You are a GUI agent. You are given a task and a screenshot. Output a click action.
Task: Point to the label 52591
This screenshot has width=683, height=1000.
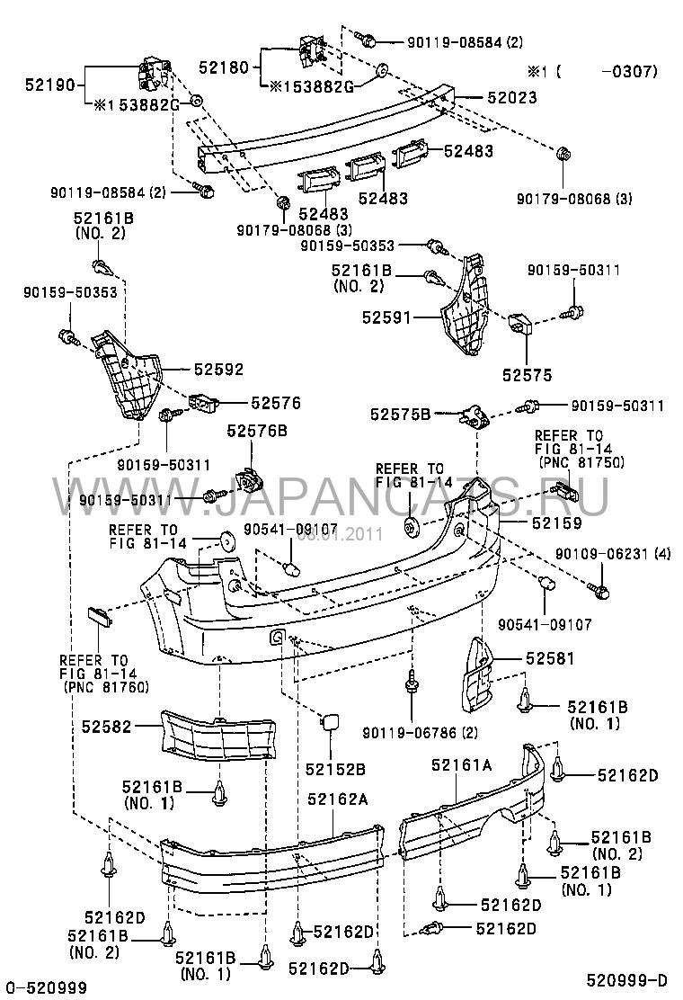click(x=390, y=317)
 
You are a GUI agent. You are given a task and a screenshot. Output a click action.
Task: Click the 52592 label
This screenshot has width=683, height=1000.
click(x=215, y=370)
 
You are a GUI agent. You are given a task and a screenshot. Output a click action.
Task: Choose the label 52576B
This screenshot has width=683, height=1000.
click(x=257, y=431)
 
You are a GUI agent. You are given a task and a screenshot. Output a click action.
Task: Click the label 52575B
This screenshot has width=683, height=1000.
click(x=401, y=414)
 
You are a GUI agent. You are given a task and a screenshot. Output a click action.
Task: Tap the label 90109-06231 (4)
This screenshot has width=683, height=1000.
click(x=612, y=553)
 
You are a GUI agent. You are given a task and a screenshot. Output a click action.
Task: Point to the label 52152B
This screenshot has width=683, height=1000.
click(x=335, y=768)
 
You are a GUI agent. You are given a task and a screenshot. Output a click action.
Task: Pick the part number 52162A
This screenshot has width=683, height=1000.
click(x=338, y=798)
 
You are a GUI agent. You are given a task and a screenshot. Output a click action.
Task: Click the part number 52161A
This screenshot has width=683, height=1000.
click(x=461, y=765)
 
